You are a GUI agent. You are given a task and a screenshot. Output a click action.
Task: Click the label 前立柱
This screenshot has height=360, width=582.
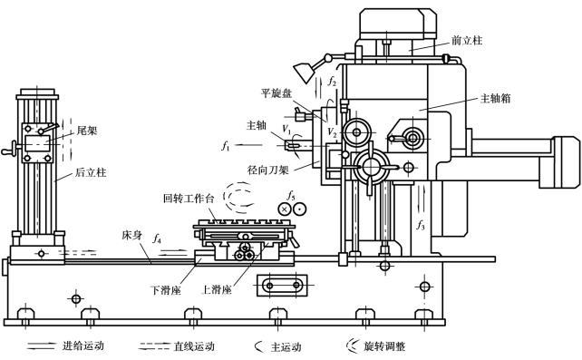[x=467, y=40]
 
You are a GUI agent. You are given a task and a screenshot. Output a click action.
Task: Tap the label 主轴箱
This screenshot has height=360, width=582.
[x=496, y=98]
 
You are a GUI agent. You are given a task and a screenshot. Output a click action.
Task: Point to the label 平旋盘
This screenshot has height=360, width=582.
[x=276, y=93]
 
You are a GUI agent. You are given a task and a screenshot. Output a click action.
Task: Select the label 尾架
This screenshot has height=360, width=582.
[x=87, y=131]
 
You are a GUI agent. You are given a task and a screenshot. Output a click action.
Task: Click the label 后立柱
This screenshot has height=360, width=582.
[x=91, y=172]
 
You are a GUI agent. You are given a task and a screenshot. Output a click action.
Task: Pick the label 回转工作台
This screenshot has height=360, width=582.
[x=189, y=199]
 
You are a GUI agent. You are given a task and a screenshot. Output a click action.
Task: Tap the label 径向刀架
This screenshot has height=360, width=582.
[x=268, y=170]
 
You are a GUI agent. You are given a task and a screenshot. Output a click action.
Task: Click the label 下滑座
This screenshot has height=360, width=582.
[x=166, y=290]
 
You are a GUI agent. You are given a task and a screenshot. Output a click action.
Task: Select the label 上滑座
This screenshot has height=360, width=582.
[x=217, y=290]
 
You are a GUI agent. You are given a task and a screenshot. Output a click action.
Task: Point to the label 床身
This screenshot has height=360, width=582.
[x=131, y=235]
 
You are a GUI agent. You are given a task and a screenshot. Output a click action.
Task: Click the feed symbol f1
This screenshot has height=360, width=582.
[x=226, y=146]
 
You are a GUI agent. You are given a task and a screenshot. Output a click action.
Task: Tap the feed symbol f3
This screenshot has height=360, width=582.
[x=420, y=225]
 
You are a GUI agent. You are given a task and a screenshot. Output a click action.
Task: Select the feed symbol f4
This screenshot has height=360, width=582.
[x=157, y=238]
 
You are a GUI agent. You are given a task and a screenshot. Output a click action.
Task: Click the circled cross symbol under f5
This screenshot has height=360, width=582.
[x=285, y=209]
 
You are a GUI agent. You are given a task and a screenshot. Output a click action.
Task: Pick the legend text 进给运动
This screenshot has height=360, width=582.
[x=82, y=346]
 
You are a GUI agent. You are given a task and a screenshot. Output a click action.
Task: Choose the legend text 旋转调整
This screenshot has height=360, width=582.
[x=384, y=346]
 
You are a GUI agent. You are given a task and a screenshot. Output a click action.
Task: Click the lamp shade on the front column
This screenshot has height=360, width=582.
[x=305, y=73]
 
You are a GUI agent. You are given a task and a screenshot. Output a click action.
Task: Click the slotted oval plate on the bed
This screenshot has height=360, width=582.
[x=283, y=286]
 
